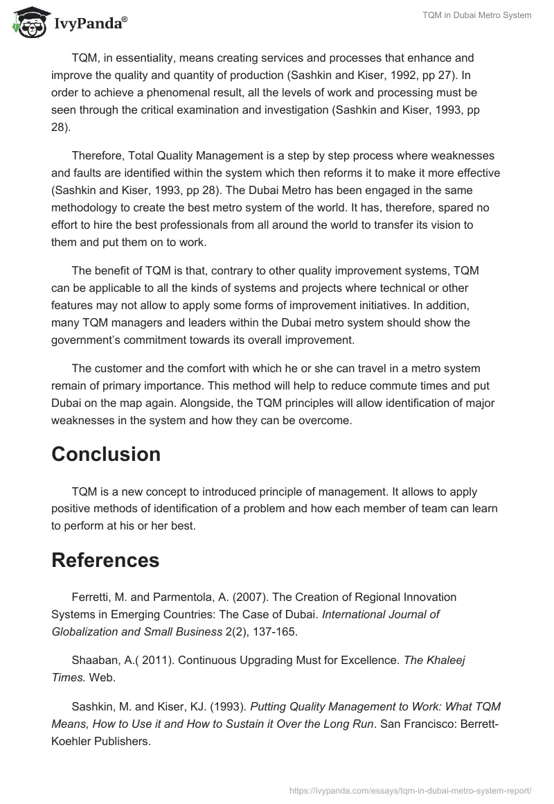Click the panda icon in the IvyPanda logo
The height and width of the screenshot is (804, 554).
click(27, 22)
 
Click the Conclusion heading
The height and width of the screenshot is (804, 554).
click(106, 454)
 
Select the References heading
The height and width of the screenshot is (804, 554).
click(105, 560)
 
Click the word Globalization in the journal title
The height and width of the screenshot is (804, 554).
click(84, 631)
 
